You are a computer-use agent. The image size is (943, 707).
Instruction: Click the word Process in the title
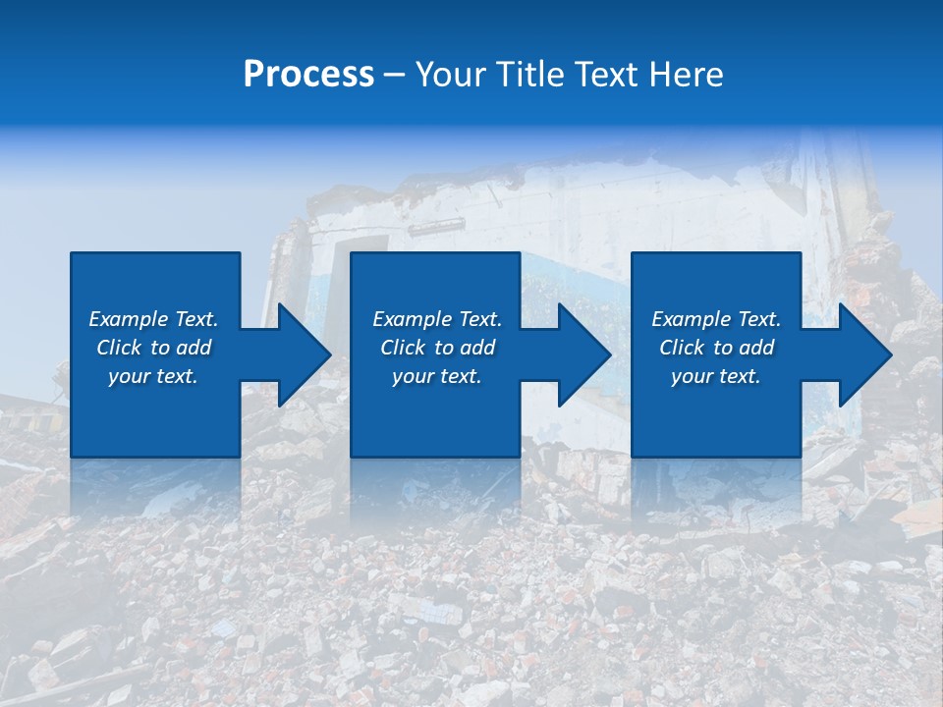308,75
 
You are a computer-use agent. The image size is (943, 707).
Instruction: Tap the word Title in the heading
533,75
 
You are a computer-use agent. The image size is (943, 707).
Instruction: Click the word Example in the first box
129,319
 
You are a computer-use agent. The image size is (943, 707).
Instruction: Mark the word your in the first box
128,377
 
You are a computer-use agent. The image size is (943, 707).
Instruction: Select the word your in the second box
412,377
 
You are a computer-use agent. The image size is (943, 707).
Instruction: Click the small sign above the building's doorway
436,227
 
